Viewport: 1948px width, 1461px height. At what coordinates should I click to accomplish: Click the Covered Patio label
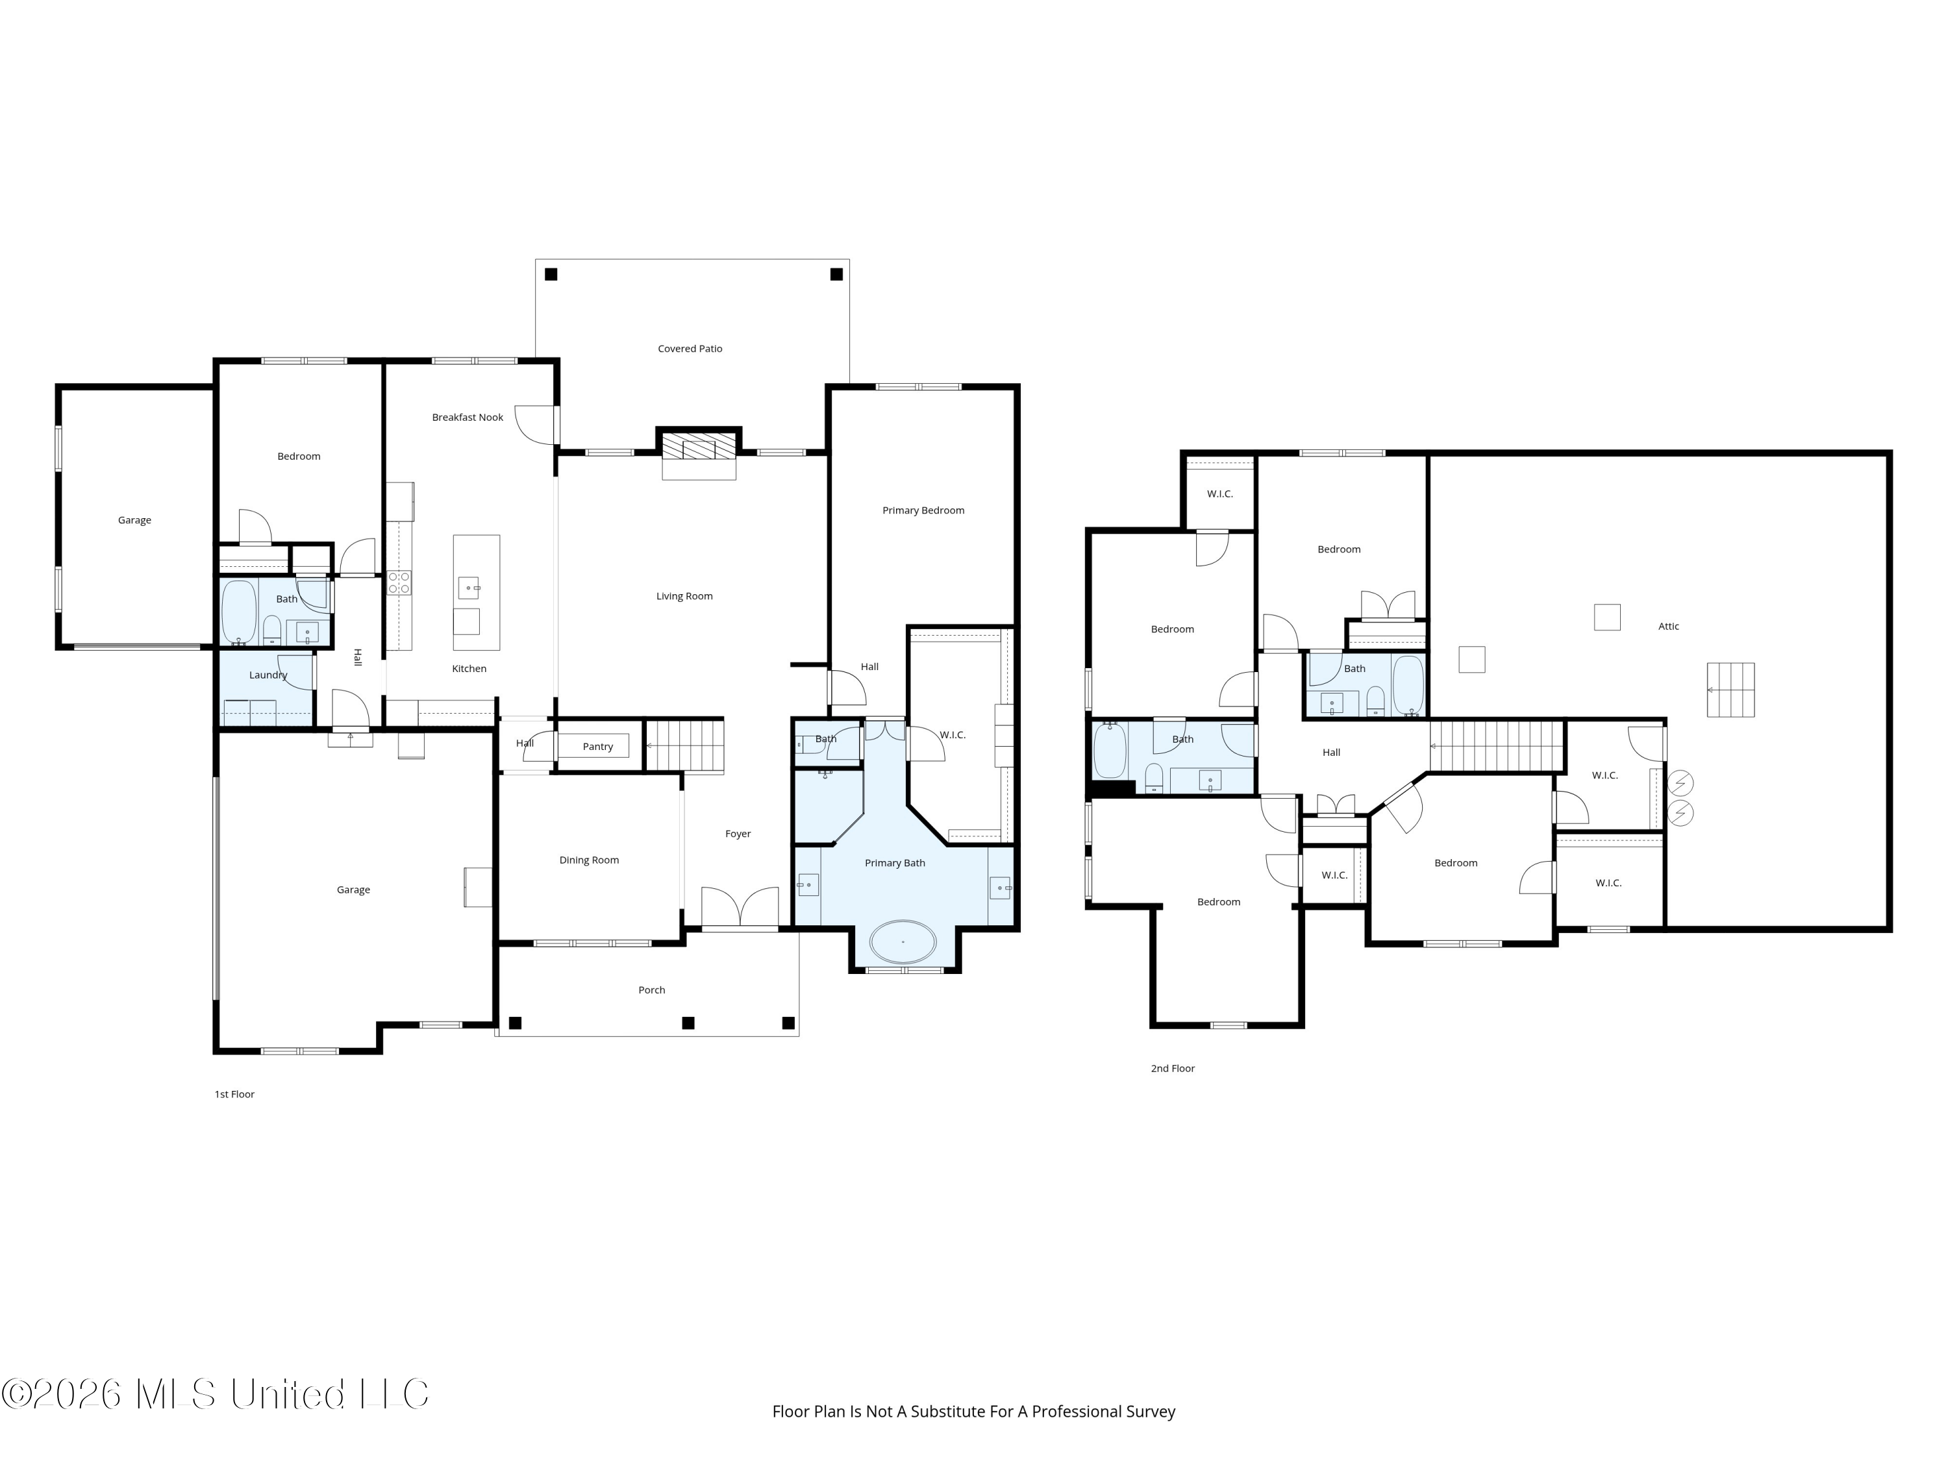pyautogui.click(x=690, y=349)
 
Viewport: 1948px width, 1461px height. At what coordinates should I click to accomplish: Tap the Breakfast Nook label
pyautogui.click(x=468, y=418)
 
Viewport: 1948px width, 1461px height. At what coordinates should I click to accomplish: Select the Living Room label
pyautogui.click(x=684, y=596)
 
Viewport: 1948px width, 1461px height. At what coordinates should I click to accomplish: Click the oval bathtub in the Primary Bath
pyautogui.click(x=903, y=942)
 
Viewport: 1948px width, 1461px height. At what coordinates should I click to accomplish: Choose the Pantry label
pyautogui.click(x=598, y=747)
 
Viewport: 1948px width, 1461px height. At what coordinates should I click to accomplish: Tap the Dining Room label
pyautogui.click(x=589, y=860)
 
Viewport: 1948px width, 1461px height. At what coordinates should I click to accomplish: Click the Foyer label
pyautogui.click(x=738, y=834)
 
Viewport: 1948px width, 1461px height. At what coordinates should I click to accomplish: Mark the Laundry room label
pyautogui.click(x=269, y=675)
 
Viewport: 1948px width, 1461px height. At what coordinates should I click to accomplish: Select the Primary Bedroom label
pyautogui.click(x=923, y=511)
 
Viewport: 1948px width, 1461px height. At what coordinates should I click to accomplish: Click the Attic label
pyautogui.click(x=1669, y=627)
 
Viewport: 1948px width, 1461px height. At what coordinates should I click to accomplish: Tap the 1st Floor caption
pyautogui.click(x=234, y=1095)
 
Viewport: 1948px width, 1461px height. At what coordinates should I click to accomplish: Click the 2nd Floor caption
pyautogui.click(x=1173, y=1069)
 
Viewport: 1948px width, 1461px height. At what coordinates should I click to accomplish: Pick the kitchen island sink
pyautogui.click(x=469, y=585)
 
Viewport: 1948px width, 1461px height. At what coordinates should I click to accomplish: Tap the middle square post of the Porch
pyautogui.click(x=689, y=1023)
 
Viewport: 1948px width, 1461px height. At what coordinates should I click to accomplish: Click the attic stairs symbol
pyautogui.click(x=1730, y=690)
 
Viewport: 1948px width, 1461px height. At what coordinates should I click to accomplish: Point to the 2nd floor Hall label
pyautogui.click(x=1332, y=753)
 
